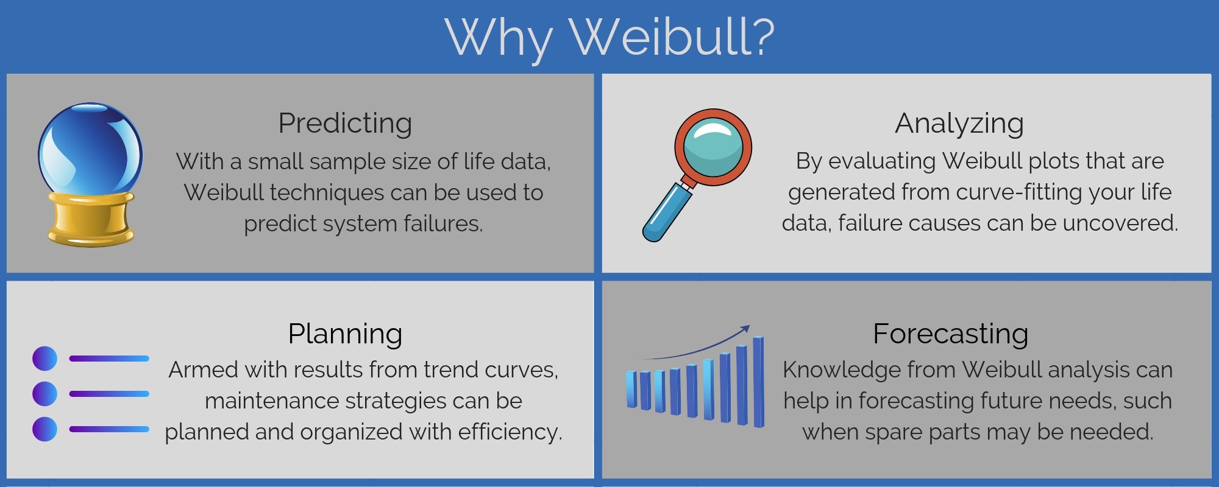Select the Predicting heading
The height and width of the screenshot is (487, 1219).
coord(345,124)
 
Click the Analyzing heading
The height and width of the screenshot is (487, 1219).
coord(959,124)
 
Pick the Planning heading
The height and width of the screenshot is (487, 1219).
coord(345,334)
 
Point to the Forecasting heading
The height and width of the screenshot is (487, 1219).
coord(950,334)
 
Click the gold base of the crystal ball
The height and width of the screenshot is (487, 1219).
coord(91,219)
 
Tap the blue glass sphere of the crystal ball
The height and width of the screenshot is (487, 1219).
coord(90,149)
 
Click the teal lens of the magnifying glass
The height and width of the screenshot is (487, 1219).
coord(713,147)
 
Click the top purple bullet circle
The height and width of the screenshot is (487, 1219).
coord(44,359)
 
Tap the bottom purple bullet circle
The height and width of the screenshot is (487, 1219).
coord(44,429)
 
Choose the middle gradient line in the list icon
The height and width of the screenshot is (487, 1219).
coord(109,394)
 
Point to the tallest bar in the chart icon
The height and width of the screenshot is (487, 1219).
coord(758,382)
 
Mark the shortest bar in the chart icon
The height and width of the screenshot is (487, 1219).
coord(631,389)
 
